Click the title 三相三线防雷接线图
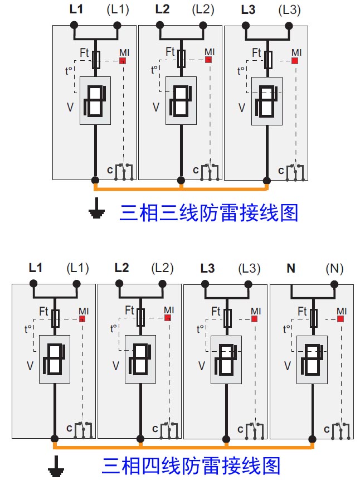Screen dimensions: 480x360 click(209, 212)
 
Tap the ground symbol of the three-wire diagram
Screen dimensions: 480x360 click(97, 211)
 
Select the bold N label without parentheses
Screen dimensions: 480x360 click(291, 269)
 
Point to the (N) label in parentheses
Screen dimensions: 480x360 click(334, 269)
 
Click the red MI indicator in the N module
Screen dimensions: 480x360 click(340, 319)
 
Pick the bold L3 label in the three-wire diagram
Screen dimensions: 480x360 click(249, 10)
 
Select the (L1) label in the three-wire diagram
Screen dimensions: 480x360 click(117, 10)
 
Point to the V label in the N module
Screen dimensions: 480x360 click(288, 366)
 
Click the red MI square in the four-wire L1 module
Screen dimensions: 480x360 click(82, 319)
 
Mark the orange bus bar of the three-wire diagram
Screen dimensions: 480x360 click(181, 188)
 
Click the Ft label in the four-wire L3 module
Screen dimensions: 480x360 click(216, 311)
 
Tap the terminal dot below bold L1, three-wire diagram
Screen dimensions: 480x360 click(74, 25)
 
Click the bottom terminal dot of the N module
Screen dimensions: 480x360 click(312, 439)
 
